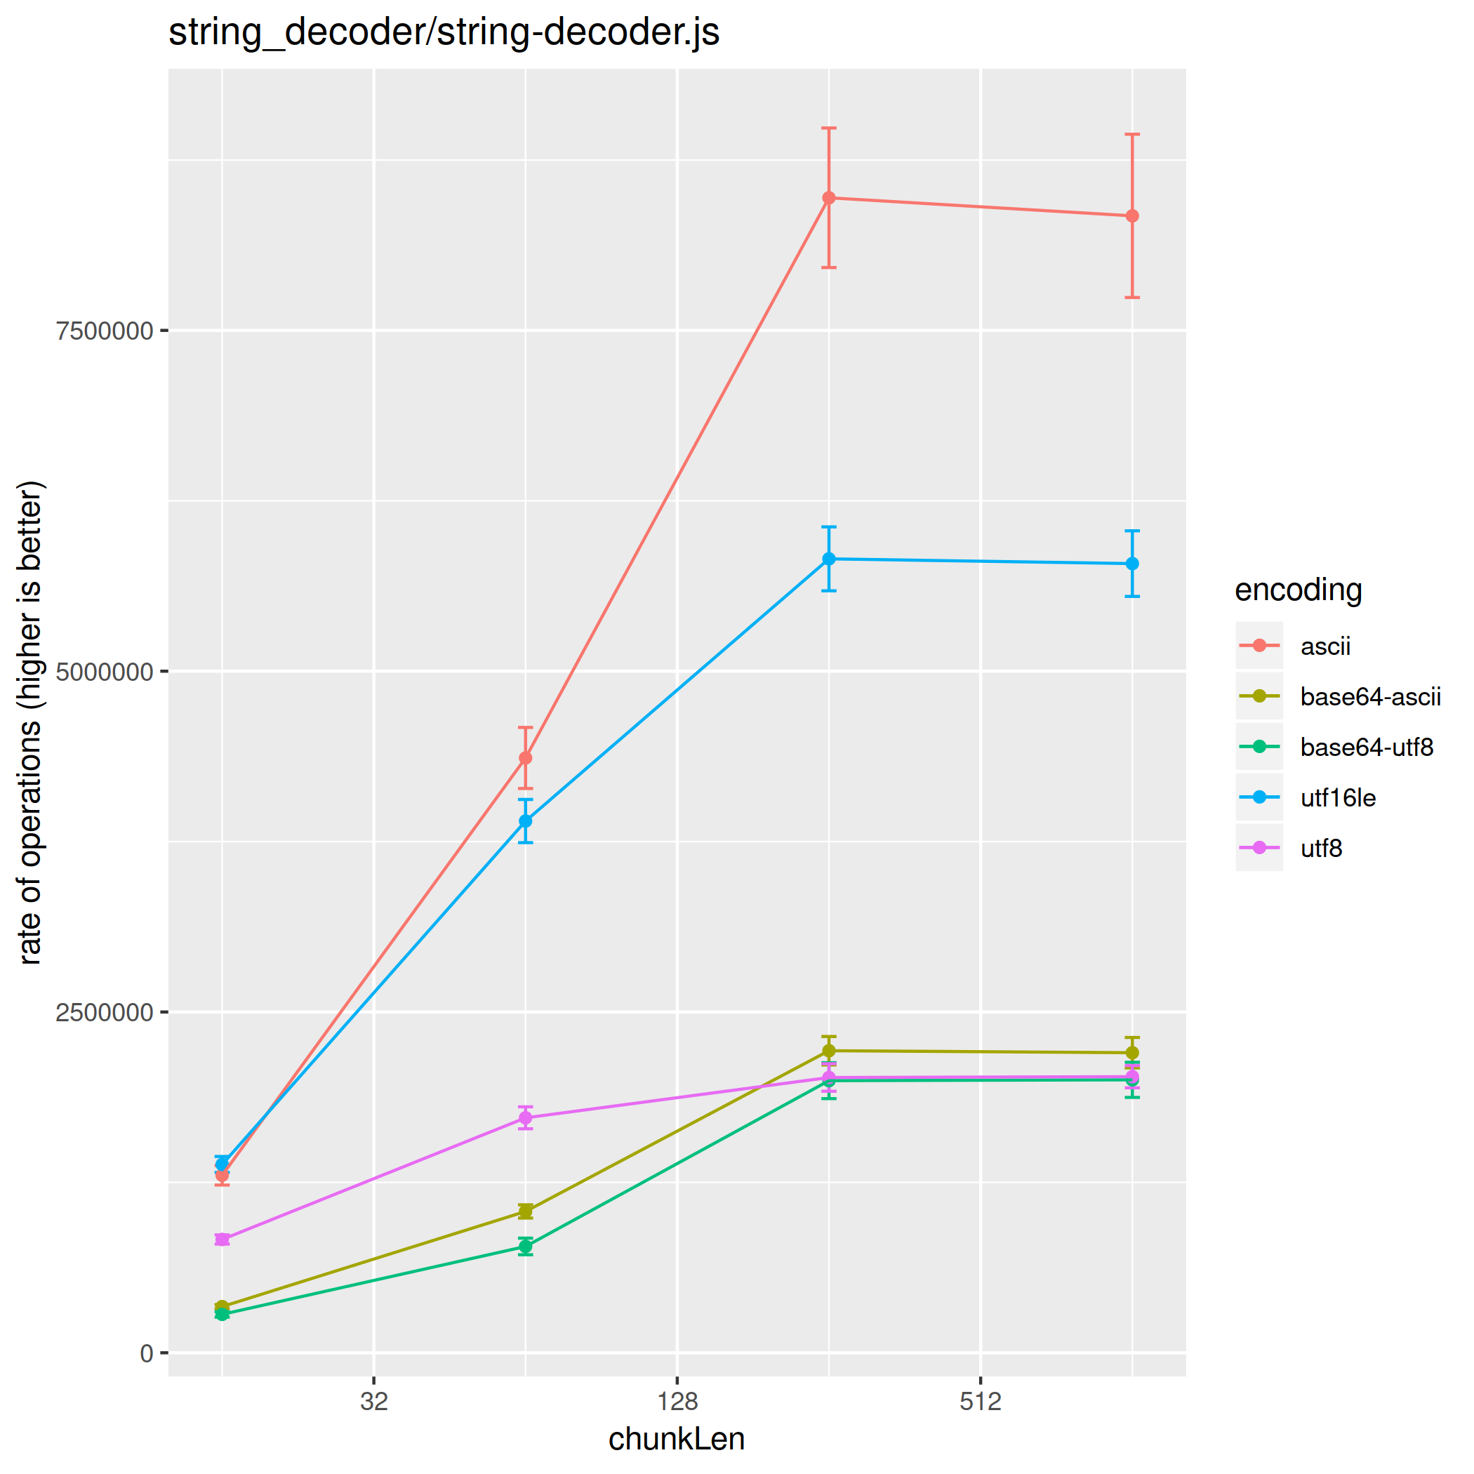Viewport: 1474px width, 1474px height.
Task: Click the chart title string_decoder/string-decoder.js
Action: [444, 33]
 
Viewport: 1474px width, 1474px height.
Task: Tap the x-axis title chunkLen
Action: [676, 1439]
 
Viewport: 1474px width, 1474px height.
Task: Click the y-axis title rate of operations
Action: [30, 722]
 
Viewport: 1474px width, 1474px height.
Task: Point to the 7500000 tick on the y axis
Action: [104, 331]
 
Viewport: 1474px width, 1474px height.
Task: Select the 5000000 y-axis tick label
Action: [104, 672]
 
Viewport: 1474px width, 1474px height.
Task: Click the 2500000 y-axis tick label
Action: [104, 1012]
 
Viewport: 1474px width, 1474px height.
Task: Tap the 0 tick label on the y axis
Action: [147, 1353]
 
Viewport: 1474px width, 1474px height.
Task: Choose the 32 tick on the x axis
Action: [374, 1401]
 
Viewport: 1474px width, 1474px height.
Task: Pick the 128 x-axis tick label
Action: [677, 1401]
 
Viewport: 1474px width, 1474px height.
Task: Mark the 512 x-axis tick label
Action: [981, 1401]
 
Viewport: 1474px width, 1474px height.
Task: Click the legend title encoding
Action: [1299, 590]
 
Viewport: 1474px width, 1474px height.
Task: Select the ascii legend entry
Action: [1325, 646]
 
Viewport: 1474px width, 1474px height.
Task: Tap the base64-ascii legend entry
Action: [1370, 696]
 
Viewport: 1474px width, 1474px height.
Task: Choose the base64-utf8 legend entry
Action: [1367, 747]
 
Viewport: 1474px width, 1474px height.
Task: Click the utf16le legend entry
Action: [1339, 798]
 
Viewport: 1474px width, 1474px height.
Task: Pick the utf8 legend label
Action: [1321, 849]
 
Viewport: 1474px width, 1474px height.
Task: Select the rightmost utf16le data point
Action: [1132, 564]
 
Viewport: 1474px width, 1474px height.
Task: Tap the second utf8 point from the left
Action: [526, 1118]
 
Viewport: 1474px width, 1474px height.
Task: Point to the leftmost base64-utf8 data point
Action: [222, 1314]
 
